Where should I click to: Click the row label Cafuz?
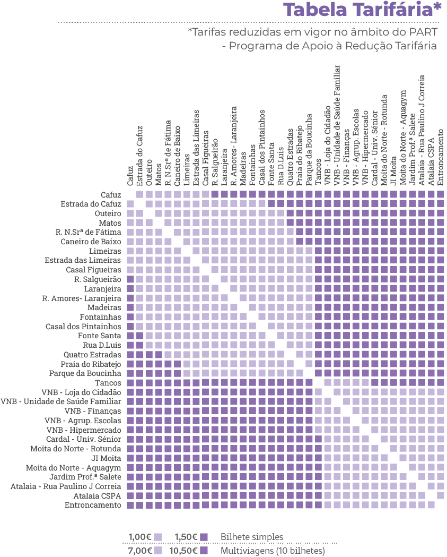[111, 195]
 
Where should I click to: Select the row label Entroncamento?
[93, 505]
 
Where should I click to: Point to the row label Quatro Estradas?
[92, 355]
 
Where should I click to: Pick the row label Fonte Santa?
[99, 336]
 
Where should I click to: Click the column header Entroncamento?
[441, 154]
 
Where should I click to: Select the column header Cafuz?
[130, 175]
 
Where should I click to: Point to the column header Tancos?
[318, 173]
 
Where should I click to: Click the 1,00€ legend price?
[140, 537]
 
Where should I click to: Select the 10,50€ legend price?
[184, 551]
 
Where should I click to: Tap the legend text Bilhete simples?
[252, 537]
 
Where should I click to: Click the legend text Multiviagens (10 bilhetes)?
[272, 551]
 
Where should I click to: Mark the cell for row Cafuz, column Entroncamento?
[440, 195]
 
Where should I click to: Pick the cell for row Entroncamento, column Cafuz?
[130, 505]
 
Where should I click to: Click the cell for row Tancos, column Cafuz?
[130, 383]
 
